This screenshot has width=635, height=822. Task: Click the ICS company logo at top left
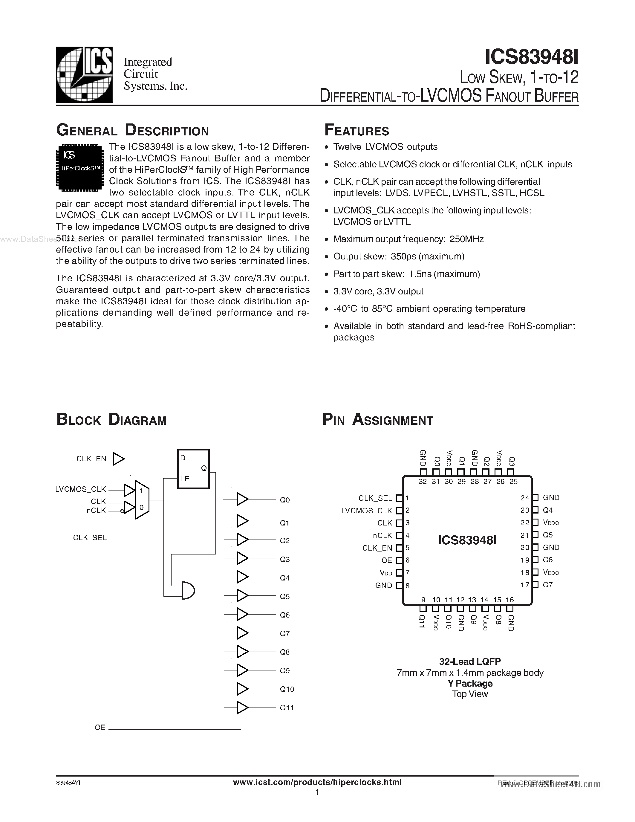(x=84, y=74)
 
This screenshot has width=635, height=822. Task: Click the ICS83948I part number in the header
(x=531, y=57)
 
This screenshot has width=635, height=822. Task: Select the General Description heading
(x=132, y=130)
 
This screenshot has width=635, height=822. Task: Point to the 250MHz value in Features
(x=466, y=239)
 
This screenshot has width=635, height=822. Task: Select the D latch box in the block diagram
(x=193, y=469)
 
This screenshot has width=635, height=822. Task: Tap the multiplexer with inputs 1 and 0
(x=142, y=499)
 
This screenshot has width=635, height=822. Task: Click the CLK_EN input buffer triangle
(x=118, y=459)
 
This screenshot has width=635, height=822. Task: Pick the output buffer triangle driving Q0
(x=242, y=499)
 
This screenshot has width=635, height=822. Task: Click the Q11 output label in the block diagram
(x=287, y=708)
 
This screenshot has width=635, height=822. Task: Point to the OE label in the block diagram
(x=100, y=728)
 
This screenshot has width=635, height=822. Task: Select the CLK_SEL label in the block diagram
(x=90, y=538)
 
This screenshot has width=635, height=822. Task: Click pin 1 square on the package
(x=399, y=498)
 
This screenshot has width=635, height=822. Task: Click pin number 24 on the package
(x=524, y=498)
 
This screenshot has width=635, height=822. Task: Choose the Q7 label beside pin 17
(x=548, y=585)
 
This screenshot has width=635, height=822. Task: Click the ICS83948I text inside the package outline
(x=468, y=540)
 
